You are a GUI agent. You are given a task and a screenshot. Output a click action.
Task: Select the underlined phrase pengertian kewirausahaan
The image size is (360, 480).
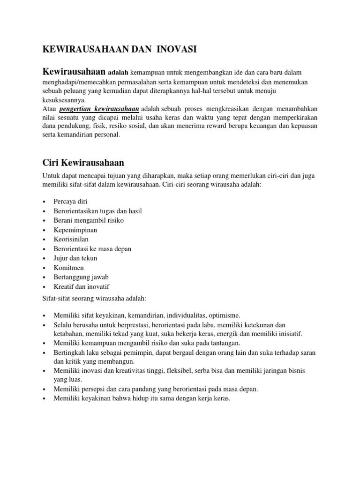point(99,109)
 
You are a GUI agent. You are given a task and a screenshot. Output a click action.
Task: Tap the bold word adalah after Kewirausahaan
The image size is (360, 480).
point(118,73)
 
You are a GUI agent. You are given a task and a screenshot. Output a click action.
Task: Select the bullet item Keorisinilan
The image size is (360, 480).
point(71,239)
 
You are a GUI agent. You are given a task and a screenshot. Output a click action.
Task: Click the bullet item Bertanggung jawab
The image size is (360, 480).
point(81,277)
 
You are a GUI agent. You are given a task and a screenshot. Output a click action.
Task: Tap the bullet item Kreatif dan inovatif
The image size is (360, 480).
point(82,286)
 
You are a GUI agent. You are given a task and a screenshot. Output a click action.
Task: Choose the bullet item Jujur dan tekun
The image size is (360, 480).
point(75,258)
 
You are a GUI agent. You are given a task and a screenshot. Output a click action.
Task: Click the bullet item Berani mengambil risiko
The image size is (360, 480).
point(89,220)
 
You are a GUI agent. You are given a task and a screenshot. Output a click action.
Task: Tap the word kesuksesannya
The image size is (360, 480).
point(62,100)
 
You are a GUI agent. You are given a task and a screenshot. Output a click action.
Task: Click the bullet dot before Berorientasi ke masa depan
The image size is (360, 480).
point(44,249)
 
